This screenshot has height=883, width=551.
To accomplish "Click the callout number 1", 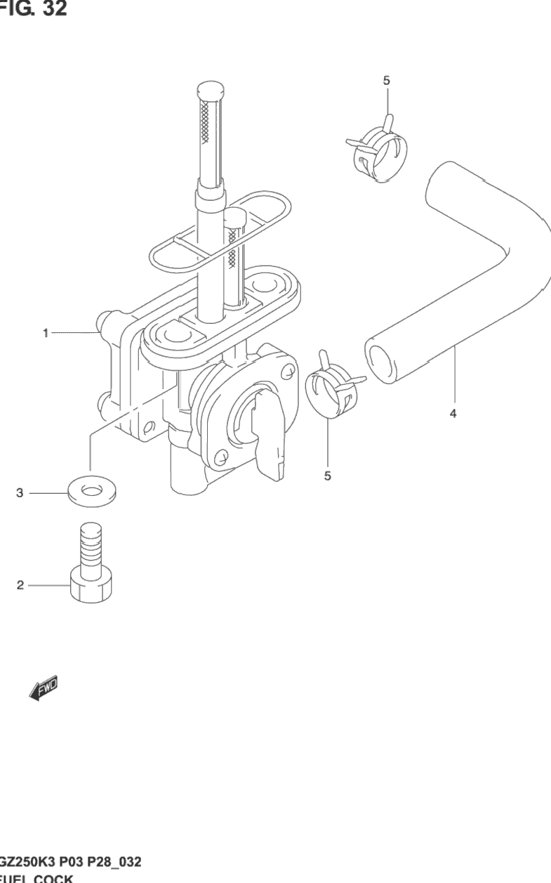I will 46,333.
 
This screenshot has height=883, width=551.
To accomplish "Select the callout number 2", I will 20,584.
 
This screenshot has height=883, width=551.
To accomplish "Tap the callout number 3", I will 20,494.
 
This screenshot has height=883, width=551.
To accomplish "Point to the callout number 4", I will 453,414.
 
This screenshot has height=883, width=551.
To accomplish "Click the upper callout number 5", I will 387,81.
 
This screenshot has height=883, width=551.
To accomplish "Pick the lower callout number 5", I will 328,476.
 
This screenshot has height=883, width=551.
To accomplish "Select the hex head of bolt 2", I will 93,585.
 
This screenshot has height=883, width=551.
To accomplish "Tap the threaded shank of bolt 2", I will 93,544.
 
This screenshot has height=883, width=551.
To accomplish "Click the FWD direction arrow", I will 44,688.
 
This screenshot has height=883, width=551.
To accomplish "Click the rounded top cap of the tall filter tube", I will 210,90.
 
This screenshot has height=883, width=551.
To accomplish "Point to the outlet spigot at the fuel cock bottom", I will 187,477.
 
